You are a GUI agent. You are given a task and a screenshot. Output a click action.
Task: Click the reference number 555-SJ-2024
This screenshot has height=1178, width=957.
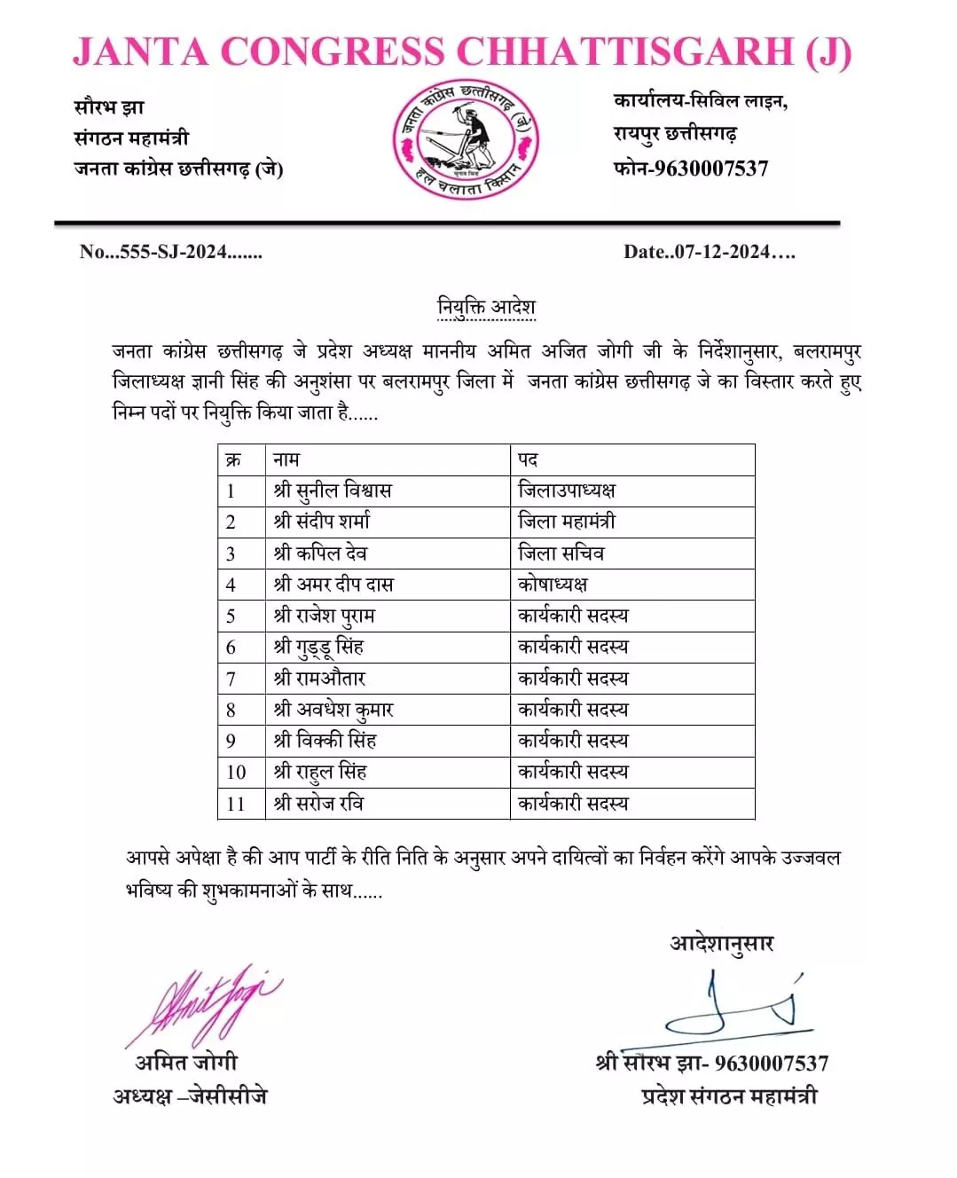coord(171,252)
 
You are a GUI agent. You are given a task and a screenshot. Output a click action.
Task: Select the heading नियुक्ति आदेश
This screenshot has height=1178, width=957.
coord(486,307)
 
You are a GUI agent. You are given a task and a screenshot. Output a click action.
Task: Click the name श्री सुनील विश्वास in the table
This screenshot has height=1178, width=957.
coord(333,491)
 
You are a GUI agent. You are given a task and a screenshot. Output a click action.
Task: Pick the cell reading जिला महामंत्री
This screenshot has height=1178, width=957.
coord(567,522)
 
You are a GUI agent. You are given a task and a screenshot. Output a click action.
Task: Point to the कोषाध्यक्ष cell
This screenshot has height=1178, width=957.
coord(553,585)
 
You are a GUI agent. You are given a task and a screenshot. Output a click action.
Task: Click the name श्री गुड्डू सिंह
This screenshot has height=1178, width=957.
coord(319,647)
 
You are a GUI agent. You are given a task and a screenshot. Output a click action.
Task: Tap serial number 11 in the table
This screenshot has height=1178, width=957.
coord(235,804)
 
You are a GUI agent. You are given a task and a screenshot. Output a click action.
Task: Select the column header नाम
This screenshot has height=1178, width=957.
coord(286,459)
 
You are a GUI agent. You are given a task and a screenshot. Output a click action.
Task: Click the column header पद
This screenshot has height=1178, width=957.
coord(528,459)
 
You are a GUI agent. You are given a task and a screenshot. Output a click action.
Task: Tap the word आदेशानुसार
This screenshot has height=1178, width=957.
coord(722,943)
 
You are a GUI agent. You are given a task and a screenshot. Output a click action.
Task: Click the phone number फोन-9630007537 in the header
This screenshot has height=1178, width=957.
coord(691,169)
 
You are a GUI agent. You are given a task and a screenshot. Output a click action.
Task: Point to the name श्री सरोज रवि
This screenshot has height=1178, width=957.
coord(318,804)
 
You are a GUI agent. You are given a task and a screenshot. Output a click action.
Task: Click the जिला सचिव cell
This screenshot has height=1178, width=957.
coord(561,554)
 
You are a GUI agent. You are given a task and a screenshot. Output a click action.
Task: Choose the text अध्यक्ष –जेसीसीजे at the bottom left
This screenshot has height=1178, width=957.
coord(190,1096)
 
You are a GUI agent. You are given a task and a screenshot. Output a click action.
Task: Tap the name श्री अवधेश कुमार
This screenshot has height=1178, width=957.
coord(333,710)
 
